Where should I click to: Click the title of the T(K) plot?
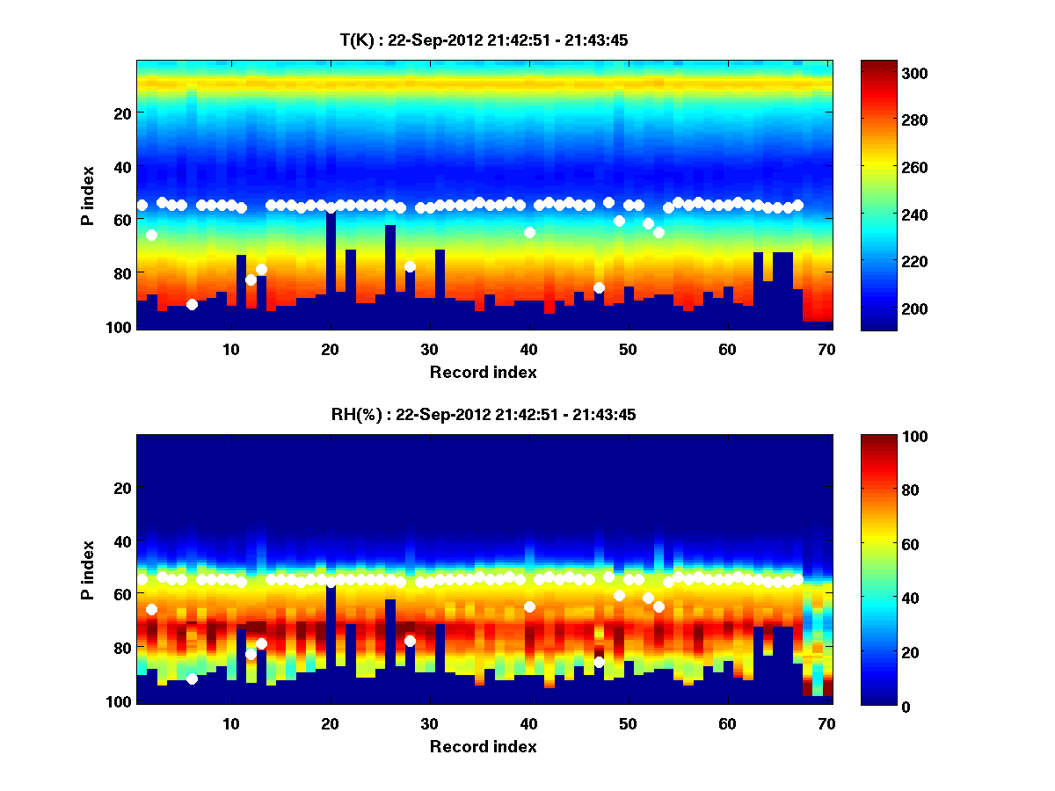484,40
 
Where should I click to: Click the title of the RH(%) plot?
484,414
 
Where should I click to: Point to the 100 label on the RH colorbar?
887,437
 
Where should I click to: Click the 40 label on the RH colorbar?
884,599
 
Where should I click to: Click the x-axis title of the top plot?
484,372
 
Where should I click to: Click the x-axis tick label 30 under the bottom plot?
429,723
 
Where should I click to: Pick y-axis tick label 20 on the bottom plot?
122,488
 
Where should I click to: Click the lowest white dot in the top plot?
192,304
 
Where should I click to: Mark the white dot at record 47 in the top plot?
599,287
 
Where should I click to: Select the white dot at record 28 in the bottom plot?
410,641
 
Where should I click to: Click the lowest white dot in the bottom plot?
192,679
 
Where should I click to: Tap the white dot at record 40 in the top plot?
529,232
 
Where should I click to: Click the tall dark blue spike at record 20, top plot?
331,264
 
